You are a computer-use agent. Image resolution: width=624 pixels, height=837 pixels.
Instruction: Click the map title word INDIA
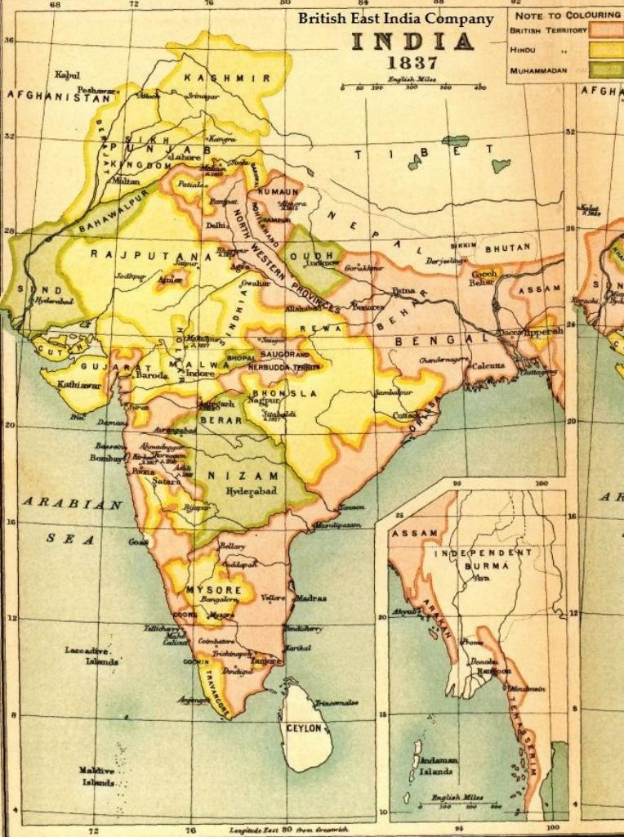(412, 42)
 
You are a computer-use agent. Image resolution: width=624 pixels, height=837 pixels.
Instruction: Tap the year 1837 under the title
(414, 64)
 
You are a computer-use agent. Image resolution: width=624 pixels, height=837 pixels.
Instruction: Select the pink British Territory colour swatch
(606, 29)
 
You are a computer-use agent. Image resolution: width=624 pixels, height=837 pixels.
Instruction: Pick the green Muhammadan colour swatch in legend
(606, 71)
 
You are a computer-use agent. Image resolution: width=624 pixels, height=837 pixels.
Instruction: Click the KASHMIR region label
(216, 78)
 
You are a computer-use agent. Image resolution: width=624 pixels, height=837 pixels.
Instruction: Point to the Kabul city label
(67, 75)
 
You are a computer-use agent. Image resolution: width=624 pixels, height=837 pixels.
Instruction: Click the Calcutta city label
(488, 365)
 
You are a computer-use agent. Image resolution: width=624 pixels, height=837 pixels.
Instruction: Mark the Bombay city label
(106, 459)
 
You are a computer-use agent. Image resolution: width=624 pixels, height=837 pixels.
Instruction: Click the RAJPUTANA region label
(127, 254)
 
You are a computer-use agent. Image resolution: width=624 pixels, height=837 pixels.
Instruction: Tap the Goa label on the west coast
(137, 541)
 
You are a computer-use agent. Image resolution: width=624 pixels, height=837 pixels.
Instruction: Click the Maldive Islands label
(97, 776)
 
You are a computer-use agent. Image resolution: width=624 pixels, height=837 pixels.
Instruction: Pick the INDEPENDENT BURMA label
(483, 558)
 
